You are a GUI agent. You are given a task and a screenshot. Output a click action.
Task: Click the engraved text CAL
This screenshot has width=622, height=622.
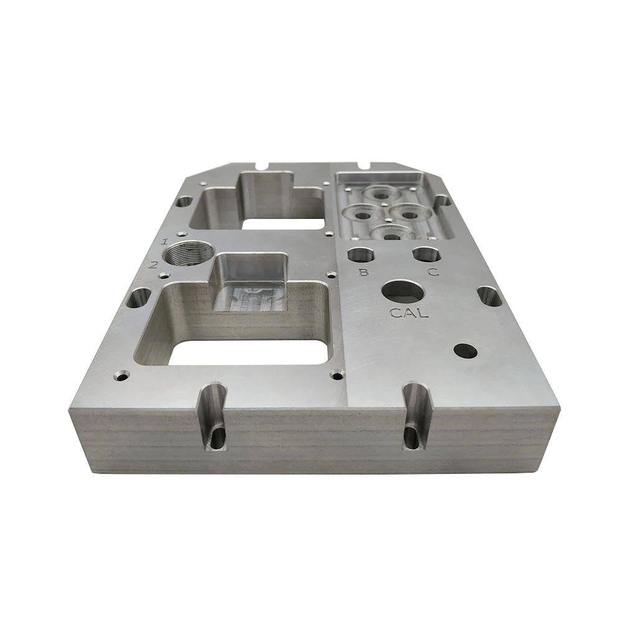click(409, 313)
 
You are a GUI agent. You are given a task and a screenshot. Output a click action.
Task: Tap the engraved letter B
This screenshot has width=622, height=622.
click(363, 272)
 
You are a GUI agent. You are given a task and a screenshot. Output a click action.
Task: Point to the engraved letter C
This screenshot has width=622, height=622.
click(433, 272)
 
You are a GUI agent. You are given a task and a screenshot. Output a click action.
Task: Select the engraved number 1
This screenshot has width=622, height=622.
click(165, 241)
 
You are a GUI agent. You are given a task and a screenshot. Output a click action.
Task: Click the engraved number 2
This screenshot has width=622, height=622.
click(153, 264)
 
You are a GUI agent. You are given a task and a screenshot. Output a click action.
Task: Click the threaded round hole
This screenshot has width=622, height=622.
click(188, 253)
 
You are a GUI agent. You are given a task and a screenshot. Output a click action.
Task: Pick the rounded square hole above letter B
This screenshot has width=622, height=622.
click(361, 255)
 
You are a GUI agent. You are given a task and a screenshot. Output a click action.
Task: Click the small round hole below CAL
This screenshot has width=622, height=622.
click(466, 351)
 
